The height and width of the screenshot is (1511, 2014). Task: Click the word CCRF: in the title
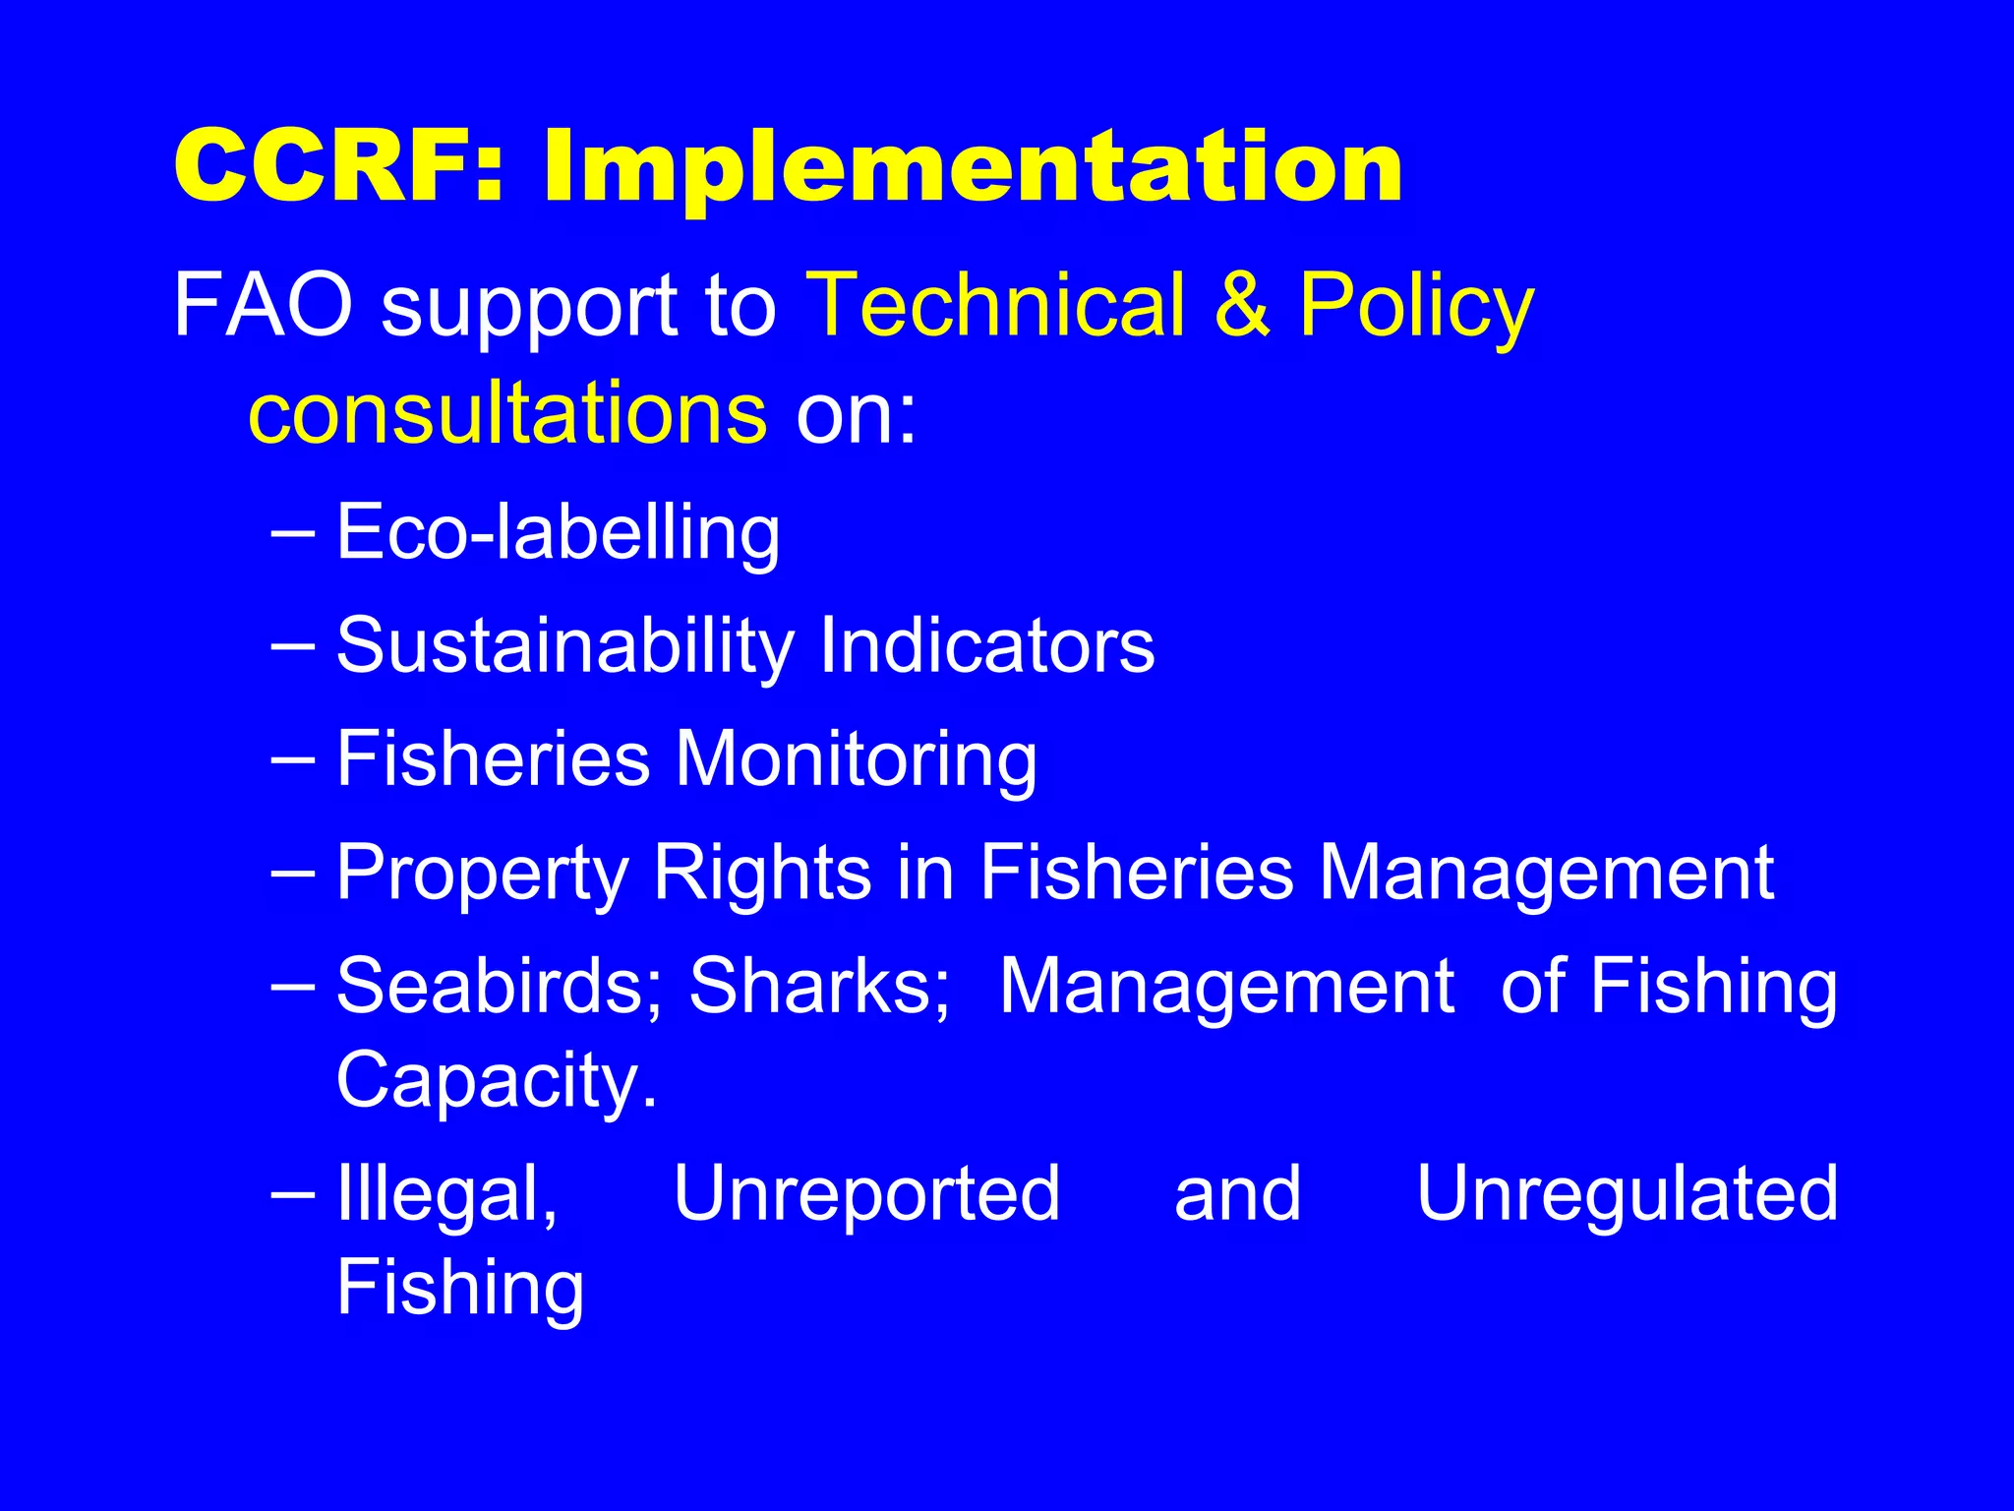[339, 167]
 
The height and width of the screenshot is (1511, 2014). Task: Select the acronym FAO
[263, 306]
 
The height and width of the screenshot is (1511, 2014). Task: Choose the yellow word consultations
[507, 413]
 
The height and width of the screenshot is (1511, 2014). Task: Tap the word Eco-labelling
[558, 533]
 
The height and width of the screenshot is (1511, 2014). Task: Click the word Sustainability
[564, 647]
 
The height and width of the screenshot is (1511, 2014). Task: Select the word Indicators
[986, 645]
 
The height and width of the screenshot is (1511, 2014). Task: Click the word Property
[482, 875]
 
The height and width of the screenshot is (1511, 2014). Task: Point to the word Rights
[762, 873]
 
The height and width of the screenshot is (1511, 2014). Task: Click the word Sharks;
[819, 986]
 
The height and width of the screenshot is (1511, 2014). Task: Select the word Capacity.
[497, 1081]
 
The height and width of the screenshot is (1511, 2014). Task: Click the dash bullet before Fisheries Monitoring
[292, 760]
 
